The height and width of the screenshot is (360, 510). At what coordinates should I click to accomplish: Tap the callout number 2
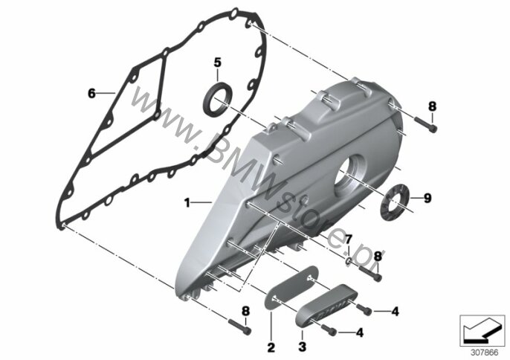[271, 347]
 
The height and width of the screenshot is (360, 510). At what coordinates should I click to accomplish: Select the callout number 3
[302, 347]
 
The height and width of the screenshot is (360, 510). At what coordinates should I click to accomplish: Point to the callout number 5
[217, 62]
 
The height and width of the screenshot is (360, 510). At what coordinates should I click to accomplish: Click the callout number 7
[347, 238]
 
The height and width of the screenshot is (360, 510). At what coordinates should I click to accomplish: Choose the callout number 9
[427, 198]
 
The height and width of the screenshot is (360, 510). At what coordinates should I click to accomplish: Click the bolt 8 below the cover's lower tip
[239, 324]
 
